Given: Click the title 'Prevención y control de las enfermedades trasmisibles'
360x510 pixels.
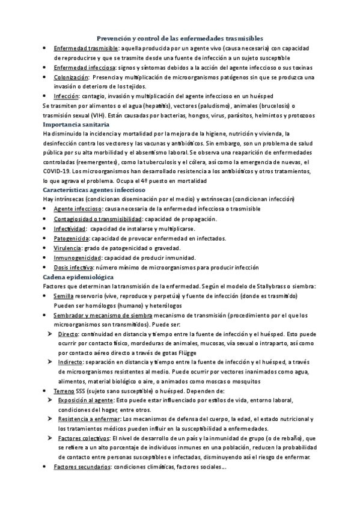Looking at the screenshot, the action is pyautogui.click(x=180, y=37).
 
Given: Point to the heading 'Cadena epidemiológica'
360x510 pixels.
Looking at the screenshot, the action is pyautogui.click(x=75, y=277).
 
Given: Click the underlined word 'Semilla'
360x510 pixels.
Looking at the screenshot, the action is pyautogui.click(x=64, y=296).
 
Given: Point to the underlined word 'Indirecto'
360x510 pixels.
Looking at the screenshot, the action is pyautogui.click(x=72, y=362).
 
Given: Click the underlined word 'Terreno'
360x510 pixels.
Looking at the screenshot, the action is pyautogui.click(x=64, y=391).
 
